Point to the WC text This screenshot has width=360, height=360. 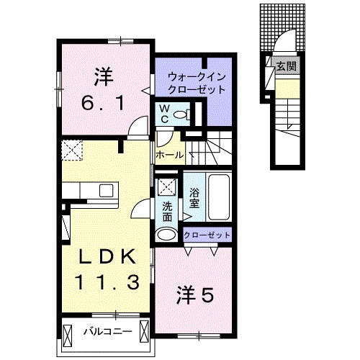point(164,114)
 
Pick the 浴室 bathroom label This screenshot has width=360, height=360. point(194,198)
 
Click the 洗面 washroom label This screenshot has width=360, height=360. point(167,211)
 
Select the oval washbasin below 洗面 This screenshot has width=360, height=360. point(166,234)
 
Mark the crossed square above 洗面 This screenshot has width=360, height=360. point(167,188)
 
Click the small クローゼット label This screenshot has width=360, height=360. point(207,235)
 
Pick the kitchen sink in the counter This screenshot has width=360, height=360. point(107,192)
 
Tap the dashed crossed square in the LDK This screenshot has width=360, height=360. point(72,150)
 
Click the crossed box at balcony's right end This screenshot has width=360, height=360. point(144,333)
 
